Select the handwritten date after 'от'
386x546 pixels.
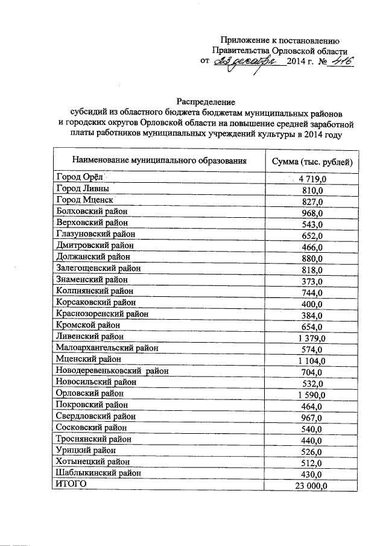[248, 62]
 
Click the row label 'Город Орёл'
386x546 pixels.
[79, 177]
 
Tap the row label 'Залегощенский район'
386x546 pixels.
[99, 268]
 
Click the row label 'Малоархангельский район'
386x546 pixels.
[107, 348]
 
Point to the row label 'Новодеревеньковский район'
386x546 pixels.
[112, 370]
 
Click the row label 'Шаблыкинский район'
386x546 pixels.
[98, 473]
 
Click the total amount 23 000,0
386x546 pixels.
[311, 486]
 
